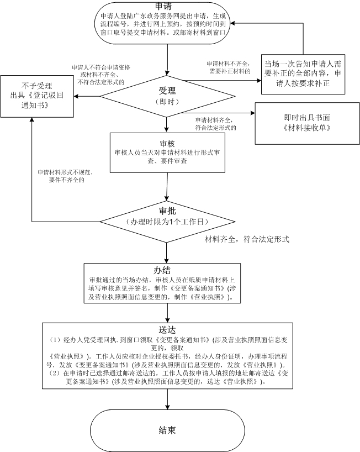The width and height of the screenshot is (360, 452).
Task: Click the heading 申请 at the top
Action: pos(166,6)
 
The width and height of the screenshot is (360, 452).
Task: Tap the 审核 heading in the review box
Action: pos(167,143)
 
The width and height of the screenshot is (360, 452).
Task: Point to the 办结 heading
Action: pos(166,269)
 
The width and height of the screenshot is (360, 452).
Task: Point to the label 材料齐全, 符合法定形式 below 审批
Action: pos(247,239)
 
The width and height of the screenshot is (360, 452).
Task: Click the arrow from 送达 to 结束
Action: pos(167,399)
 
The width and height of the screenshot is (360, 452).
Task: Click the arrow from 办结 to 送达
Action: pos(167,311)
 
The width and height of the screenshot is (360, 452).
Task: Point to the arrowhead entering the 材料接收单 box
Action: pos(252,113)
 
